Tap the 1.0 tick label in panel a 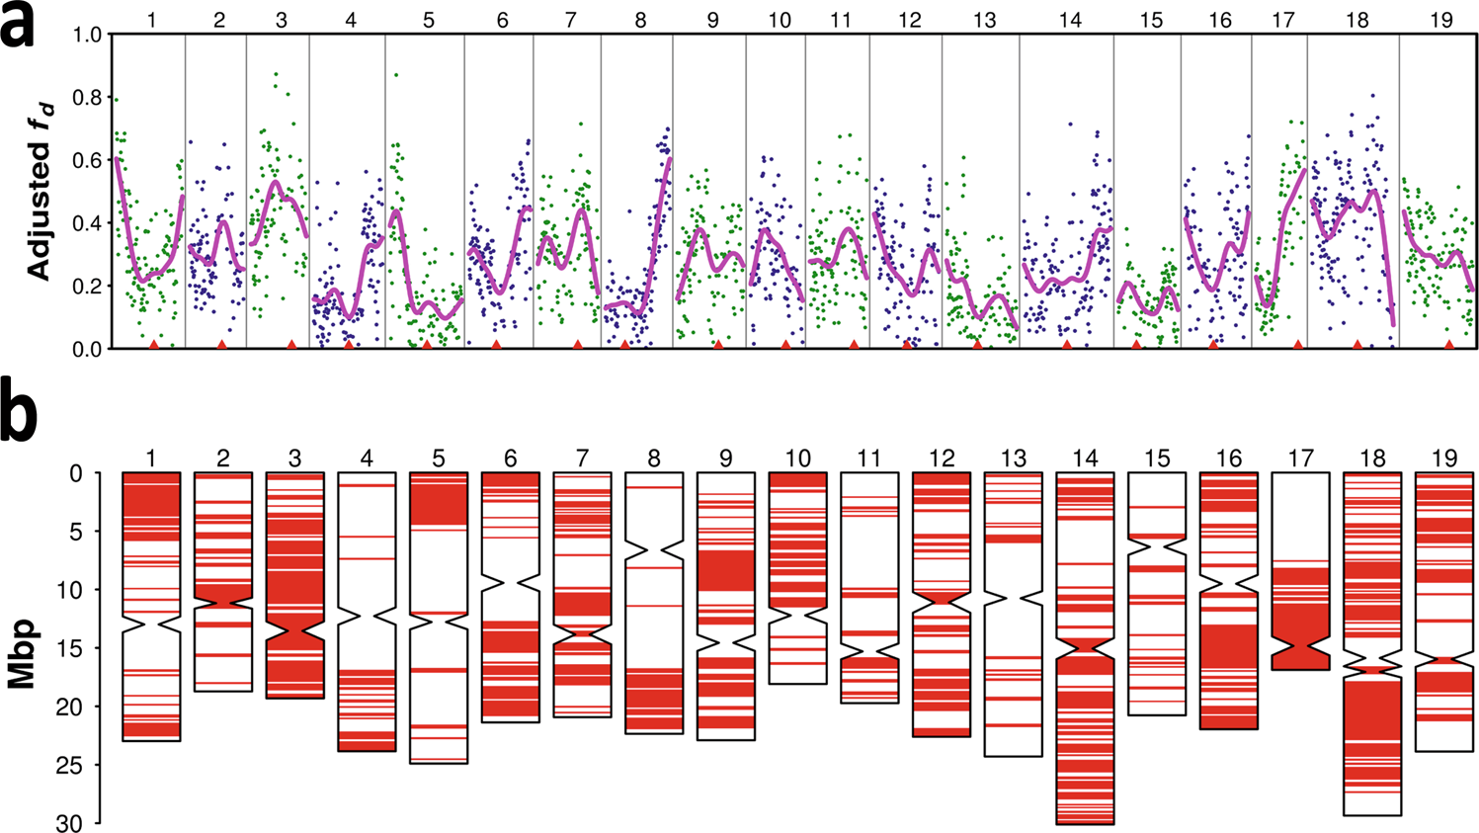(x=88, y=35)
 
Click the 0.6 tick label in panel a (x=88, y=160)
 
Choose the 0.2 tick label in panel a (x=88, y=287)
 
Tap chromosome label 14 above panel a (x=1069, y=19)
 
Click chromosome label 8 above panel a (x=640, y=19)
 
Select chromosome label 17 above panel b (x=1300, y=458)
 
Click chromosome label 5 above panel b (x=439, y=458)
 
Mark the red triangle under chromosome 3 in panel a (x=291, y=344)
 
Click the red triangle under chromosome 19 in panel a (x=1448, y=344)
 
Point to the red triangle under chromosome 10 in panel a (x=785, y=344)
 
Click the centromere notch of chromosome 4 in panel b (x=367, y=616)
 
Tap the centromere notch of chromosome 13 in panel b (x=1014, y=598)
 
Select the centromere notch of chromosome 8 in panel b (x=654, y=547)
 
